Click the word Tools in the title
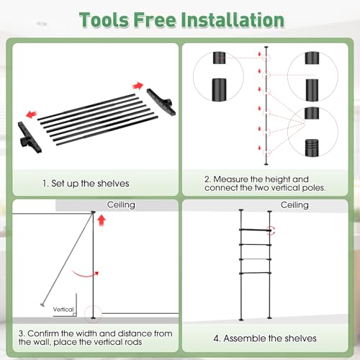pyautogui.click(x=104, y=19)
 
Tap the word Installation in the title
pyautogui.click(x=233, y=19)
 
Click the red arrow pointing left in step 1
pyautogui.click(x=32, y=114)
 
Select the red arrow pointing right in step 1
pyautogui.click(x=138, y=86)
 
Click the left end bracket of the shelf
pyautogui.click(x=30, y=138)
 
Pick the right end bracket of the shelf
pyautogui.click(x=161, y=102)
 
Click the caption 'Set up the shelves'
pyautogui.click(x=90, y=184)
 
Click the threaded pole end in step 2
pyautogui.click(x=312, y=148)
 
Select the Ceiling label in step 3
pyautogui.click(x=121, y=204)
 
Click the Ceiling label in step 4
pyautogui.click(x=294, y=205)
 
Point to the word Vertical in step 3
pyautogui.click(x=63, y=310)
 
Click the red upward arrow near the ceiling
pyautogui.click(x=102, y=220)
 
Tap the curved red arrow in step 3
pyautogui.click(x=86, y=274)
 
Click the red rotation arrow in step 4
pyautogui.click(x=272, y=230)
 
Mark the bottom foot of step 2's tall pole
pyautogui.click(x=266, y=164)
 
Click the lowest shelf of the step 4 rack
pyautogui.click(x=256, y=273)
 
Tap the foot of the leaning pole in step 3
pyautogui.click(x=42, y=305)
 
